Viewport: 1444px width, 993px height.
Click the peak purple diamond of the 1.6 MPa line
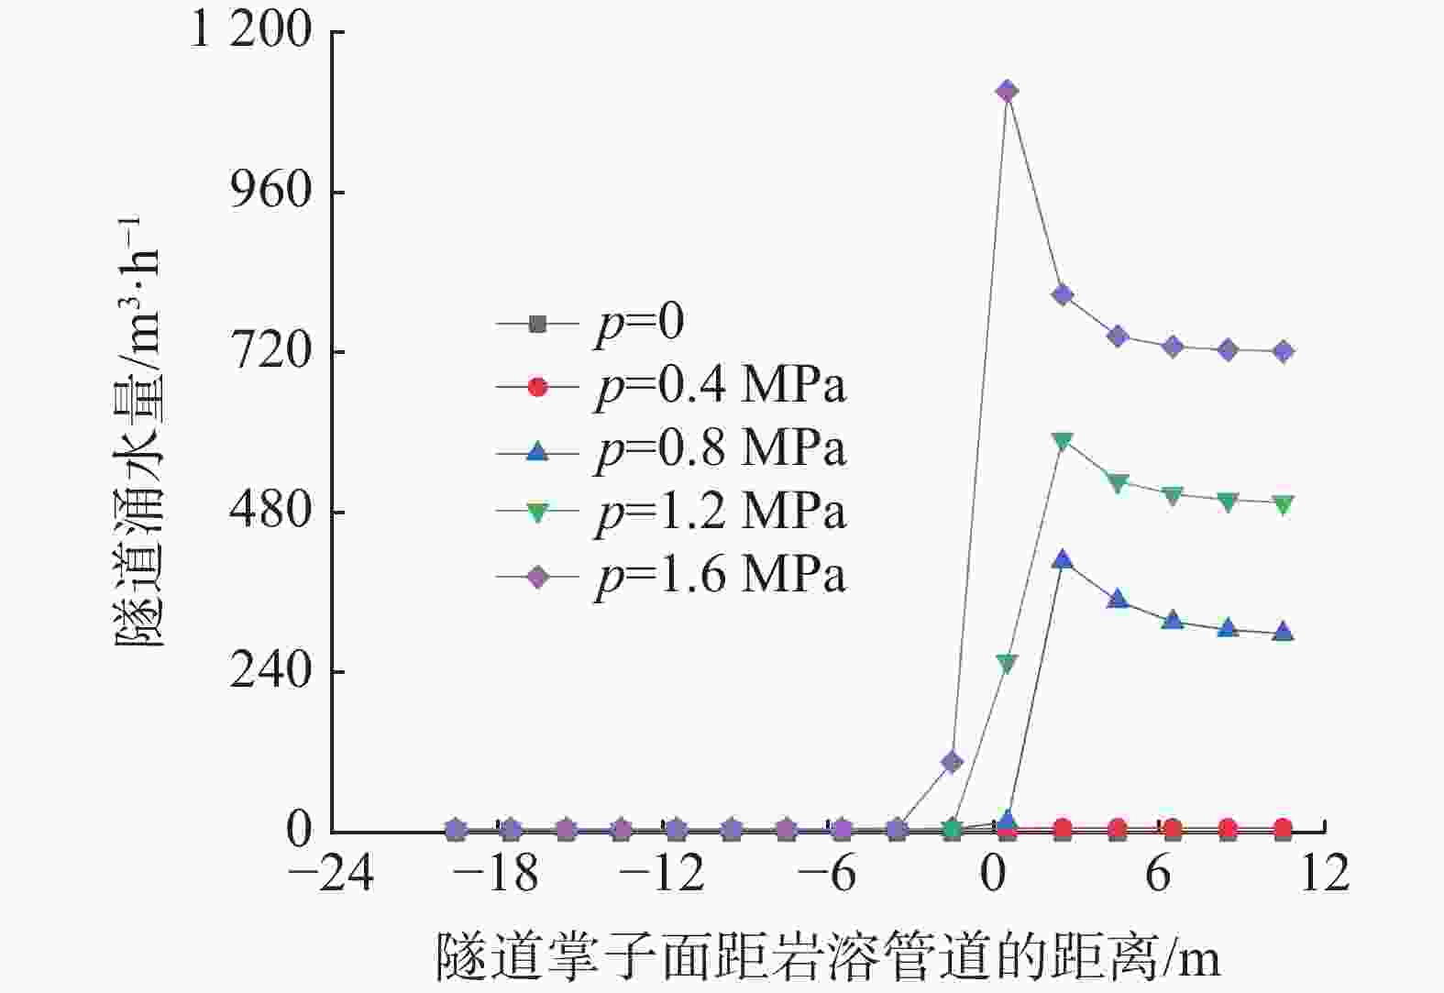1007,91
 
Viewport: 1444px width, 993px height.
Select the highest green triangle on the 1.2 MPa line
1062,441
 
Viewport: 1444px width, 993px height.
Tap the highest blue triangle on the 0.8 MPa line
1062,559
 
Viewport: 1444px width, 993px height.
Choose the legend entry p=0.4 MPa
721,387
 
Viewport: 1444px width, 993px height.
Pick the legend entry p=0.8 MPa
721,450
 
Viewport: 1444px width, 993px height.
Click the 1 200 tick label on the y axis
249,31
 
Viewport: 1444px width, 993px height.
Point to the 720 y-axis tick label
271,351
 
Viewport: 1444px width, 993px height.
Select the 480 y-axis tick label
271,511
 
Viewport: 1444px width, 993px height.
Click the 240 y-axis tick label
271,671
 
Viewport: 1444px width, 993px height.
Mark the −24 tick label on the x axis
331,875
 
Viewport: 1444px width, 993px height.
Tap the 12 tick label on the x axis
1324,875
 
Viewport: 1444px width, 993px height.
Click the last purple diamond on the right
1284,351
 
